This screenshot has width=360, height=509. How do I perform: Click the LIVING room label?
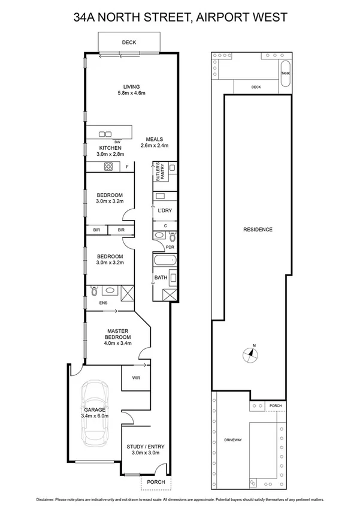coord(131,86)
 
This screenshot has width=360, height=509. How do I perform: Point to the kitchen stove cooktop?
coord(109,167)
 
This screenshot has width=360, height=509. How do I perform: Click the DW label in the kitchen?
coord(109,141)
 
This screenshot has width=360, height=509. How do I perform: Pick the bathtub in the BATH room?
coord(165,261)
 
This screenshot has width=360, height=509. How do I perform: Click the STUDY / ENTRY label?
coord(145,446)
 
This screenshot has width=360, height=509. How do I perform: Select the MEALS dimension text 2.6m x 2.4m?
coord(155,146)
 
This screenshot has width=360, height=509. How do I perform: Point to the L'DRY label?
coord(165,211)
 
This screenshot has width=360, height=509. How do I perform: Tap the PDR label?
coord(161,246)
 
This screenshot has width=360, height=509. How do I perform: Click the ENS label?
coord(95,303)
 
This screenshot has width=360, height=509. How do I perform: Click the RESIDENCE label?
coord(258,230)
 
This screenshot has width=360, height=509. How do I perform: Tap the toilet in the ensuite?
coord(94,291)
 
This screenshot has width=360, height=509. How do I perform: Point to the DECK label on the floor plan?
coord(129,43)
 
